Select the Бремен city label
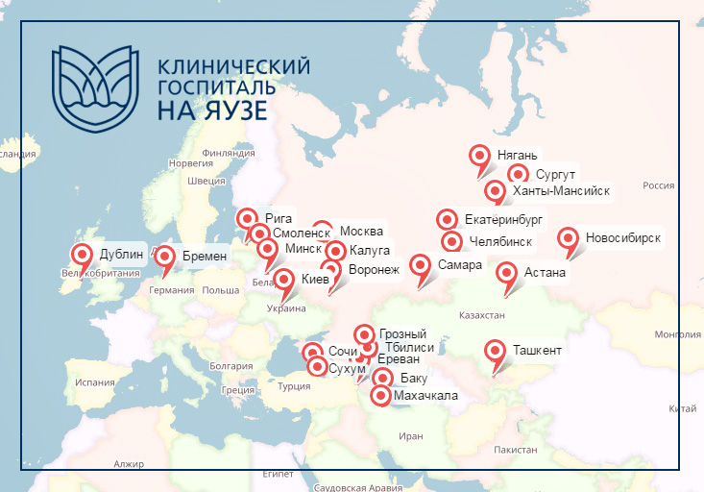pos(204,256)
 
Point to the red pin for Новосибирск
pos(568,238)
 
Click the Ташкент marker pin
pos(496,351)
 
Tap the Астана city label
pos(545,274)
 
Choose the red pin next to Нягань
pos(480,155)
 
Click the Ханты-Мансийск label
pos(561,190)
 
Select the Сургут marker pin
pos(519,174)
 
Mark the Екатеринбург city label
pos(503,220)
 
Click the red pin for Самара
pos(421,264)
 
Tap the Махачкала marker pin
pos(381,395)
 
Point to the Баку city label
pos(414,379)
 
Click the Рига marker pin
pos(247,218)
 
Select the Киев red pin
pos(284,280)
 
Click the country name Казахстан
pos(481,315)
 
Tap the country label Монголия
pos(677,334)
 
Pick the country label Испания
pos(94,381)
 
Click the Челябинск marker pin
pos(451,241)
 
